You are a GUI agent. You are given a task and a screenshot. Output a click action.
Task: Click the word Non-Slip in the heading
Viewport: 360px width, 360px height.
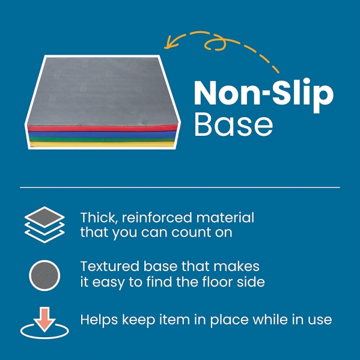point(264,94)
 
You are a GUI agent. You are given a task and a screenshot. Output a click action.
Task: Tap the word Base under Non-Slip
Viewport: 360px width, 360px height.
point(234,124)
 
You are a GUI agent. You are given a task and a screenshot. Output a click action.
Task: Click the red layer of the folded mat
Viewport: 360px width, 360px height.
point(102,128)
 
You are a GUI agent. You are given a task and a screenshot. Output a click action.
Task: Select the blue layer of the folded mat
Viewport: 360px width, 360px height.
point(102,134)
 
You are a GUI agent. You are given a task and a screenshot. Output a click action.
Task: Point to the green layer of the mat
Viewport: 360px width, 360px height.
point(102,139)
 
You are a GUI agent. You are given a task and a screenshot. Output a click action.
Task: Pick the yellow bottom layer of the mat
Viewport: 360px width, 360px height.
point(102,144)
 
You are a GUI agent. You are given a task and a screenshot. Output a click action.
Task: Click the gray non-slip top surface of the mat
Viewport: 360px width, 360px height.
point(102,91)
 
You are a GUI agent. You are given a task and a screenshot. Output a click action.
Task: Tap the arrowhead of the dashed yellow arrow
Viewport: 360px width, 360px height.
point(169,43)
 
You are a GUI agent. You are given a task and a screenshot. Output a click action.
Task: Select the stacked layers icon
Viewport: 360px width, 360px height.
point(44,225)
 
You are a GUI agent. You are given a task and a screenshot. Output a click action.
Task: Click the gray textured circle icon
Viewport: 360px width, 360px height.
point(44,275)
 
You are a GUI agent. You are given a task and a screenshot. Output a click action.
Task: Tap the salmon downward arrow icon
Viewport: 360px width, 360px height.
point(44,319)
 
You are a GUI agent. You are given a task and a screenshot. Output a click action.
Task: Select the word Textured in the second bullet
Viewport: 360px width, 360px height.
point(110,266)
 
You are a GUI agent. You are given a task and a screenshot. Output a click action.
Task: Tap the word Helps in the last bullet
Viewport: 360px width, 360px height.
point(99,320)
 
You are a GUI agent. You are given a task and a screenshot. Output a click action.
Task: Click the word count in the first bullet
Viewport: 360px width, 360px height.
point(191,233)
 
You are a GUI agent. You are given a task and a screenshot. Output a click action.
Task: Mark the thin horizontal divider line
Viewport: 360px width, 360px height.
point(180,188)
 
